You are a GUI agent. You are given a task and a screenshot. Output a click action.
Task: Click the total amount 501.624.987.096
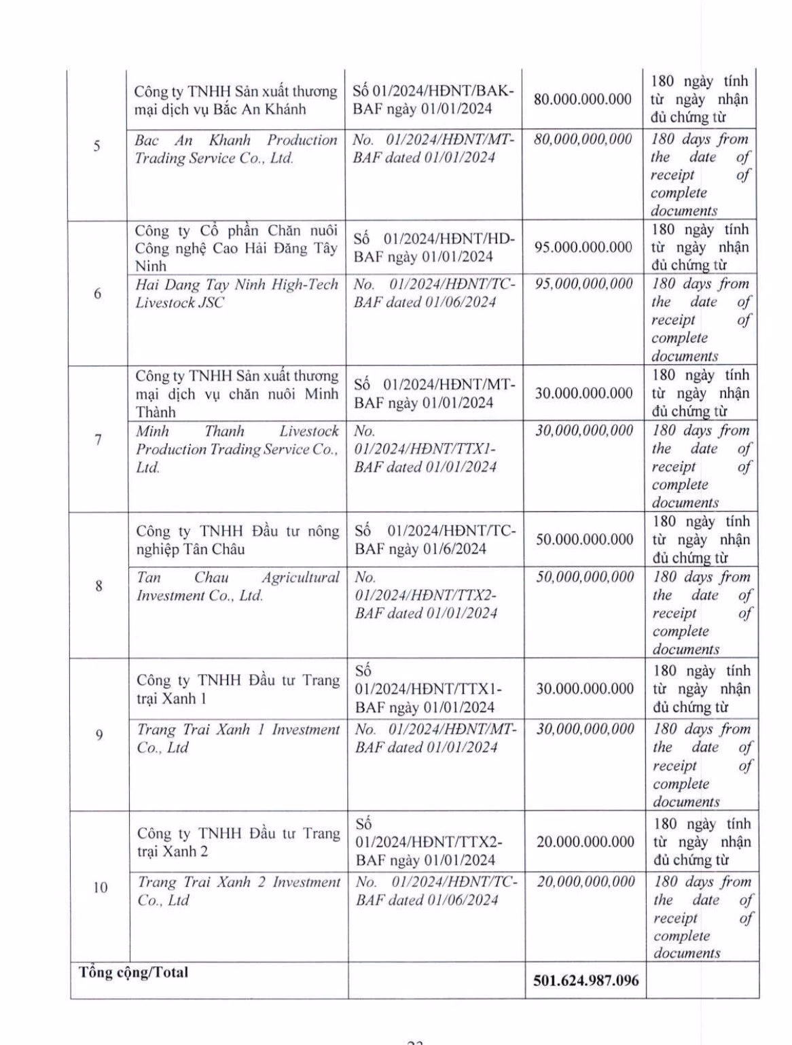pos(585,980)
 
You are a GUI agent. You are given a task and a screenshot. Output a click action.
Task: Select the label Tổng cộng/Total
pos(134,972)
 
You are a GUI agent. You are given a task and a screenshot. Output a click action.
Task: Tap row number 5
pos(97,146)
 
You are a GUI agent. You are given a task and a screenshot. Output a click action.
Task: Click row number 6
pos(98,294)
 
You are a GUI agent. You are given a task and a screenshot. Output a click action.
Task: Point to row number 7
pos(98,440)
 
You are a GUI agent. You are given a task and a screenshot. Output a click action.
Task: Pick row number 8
pos(99,586)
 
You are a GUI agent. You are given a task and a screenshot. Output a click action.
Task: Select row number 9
pos(99,734)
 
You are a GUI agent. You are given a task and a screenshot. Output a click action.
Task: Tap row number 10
pos(100,887)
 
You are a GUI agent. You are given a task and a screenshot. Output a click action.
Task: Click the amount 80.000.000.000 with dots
pos(583,99)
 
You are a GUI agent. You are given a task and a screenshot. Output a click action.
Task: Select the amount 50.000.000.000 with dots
pos(585,539)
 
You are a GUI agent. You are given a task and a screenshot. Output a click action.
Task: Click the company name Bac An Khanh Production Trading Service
pos(236,149)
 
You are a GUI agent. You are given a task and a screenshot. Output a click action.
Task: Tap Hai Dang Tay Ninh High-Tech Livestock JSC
pos(236,293)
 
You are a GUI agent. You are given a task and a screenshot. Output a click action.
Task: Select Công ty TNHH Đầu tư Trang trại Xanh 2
pos(238,842)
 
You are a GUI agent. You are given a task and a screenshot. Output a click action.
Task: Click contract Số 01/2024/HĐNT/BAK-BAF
pos(434,100)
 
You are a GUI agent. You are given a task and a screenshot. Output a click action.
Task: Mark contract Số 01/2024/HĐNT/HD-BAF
pos(434,247)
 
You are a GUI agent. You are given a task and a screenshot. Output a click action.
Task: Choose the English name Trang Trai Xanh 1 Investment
pos(238,739)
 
